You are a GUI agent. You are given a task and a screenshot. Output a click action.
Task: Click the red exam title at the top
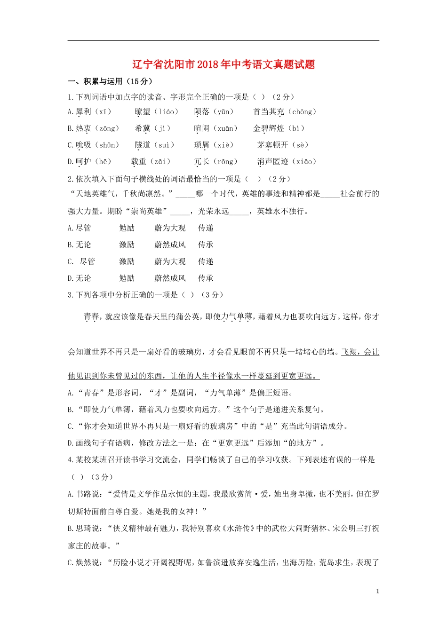click(223, 64)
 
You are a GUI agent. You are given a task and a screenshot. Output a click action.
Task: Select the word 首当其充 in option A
click(268, 112)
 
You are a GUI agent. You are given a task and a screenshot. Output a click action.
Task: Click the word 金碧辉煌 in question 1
click(268, 128)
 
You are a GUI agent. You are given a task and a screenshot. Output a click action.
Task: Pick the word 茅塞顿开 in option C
click(272, 145)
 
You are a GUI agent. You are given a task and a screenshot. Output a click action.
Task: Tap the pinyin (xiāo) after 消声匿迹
click(304, 162)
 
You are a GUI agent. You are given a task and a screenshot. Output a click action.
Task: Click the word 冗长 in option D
click(201, 162)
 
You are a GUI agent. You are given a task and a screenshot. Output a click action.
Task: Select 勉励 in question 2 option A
click(127, 228)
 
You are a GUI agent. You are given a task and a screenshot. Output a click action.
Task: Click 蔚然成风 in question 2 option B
click(170, 245)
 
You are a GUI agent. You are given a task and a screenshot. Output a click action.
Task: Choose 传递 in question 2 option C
click(206, 261)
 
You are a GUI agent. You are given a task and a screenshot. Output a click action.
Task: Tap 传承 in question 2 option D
click(206, 278)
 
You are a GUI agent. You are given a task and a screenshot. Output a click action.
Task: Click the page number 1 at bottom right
click(377, 591)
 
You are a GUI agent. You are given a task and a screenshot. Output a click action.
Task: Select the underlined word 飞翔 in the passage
click(349, 352)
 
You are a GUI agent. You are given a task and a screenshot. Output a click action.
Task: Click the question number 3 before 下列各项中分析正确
click(70, 295)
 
